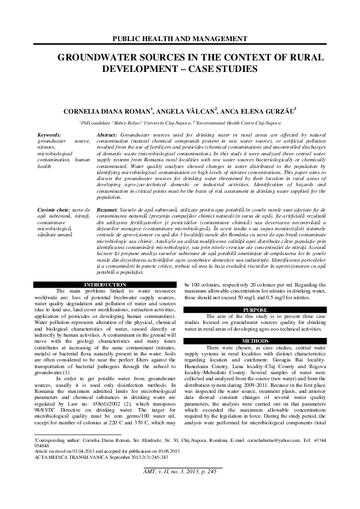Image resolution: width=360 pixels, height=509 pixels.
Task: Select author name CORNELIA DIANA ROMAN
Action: [106, 111]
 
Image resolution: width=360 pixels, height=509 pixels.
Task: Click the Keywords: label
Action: [49, 134]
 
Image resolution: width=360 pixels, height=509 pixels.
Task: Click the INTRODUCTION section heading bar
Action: [105, 284]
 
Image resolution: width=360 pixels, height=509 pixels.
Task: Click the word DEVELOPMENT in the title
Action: [131, 68]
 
